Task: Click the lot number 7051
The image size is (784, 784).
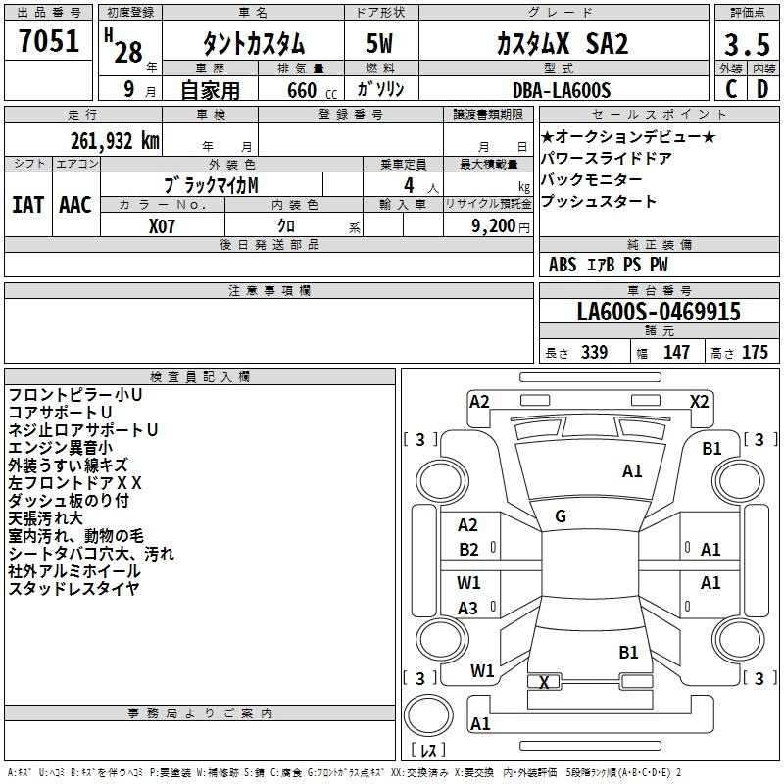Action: (x=49, y=41)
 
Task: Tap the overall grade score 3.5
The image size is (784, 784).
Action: (x=747, y=44)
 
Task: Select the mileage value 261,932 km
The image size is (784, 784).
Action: (x=115, y=141)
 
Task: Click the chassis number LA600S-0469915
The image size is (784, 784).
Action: (x=659, y=311)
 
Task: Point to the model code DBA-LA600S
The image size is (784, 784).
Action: (x=562, y=90)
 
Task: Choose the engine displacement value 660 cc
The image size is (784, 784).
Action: (x=312, y=91)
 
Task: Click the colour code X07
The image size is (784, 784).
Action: (x=162, y=226)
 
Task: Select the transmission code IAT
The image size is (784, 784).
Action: (x=28, y=205)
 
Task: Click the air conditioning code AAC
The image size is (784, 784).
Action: (x=75, y=205)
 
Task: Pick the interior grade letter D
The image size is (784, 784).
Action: (x=762, y=89)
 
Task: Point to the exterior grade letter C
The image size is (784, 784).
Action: (x=731, y=89)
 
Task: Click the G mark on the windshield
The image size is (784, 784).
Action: (x=561, y=516)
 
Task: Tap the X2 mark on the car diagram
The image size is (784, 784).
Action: (x=700, y=402)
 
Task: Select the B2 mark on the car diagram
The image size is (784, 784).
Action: (x=469, y=550)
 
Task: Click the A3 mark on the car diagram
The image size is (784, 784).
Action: (x=468, y=608)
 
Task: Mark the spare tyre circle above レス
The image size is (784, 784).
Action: (x=428, y=715)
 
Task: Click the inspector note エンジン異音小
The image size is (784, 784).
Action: (x=61, y=448)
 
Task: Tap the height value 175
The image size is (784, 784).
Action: (x=755, y=352)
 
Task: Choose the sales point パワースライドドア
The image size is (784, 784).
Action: (x=607, y=159)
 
